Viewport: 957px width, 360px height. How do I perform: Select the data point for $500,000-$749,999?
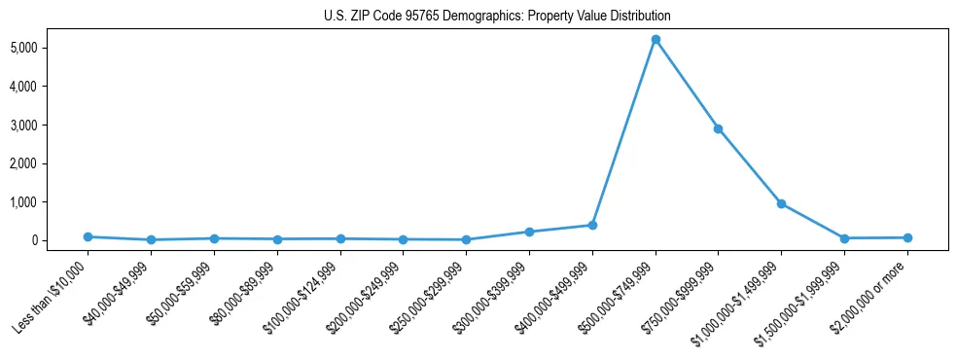coord(656,40)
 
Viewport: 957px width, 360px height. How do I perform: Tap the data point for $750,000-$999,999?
coord(718,128)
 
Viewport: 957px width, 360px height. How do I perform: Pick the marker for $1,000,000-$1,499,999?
coord(781,203)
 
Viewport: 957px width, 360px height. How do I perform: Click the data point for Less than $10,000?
coord(88,236)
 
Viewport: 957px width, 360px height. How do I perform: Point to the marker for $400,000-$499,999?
coord(592,225)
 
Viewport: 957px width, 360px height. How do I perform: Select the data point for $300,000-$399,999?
coord(529,232)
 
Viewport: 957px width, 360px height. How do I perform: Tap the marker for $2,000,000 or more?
coord(907,237)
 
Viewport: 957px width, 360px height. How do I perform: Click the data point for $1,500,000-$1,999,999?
coord(844,238)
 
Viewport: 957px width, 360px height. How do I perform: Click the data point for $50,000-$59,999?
coord(214,238)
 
